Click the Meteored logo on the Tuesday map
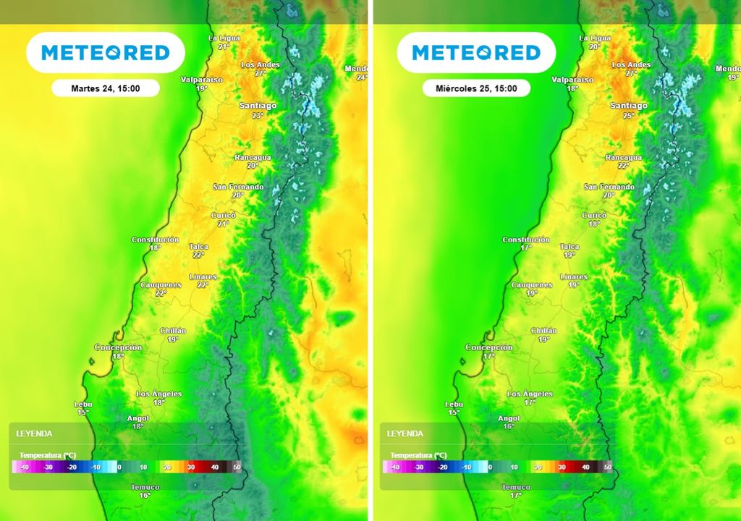click(x=106, y=53)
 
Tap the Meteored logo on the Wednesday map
click(x=476, y=53)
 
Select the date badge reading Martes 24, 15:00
click(x=105, y=88)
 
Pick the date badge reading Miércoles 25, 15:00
click(x=476, y=88)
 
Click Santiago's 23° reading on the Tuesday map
click(x=258, y=116)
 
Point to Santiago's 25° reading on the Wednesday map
click(x=628, y=116)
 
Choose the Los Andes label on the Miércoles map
click(x=631, y=65)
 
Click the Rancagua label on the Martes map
click(x=253, y=157)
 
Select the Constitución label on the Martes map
click(x=155, y=240)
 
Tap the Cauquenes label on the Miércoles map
click(x=531, y=285)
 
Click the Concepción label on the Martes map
click(x=118, y=347)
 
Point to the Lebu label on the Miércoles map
click(x=454, y=404)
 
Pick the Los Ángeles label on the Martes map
click(x=159, y=394)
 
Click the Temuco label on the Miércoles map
click(x=516, y=487)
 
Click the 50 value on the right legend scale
click(x=608, y=467)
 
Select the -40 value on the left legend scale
click(x=25, y=467)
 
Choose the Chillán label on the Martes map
click(x=173, y=331)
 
